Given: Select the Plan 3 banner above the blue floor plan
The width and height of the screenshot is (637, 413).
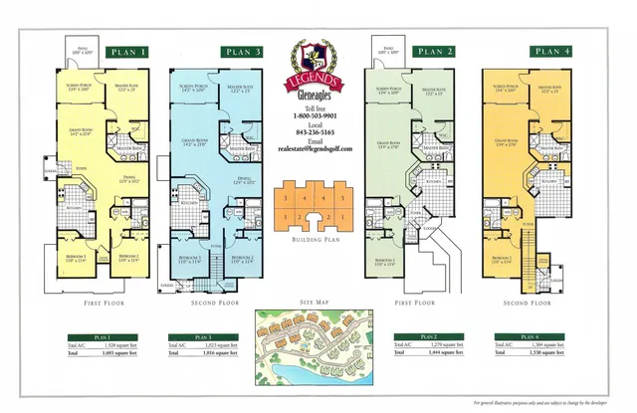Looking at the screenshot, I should (243, 52).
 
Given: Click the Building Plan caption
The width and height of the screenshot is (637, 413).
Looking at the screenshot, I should (316, 241).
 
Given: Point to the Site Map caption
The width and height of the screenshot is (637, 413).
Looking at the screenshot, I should (316, 302).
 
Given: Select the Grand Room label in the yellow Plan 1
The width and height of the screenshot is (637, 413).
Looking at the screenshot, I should (80, 130).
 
